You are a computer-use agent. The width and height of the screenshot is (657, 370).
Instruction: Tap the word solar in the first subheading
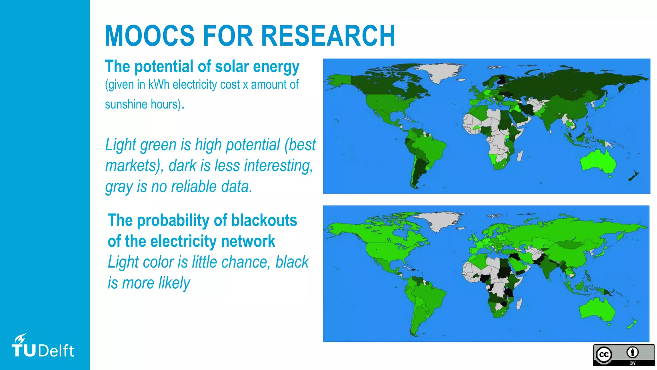pos(232,66)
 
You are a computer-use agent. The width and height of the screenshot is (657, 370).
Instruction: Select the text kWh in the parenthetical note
pos(158,84)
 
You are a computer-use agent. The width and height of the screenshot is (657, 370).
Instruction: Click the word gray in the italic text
pos(119,187)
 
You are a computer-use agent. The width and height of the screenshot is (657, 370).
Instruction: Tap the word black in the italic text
pos(292,262)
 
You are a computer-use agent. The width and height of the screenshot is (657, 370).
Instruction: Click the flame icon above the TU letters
pos(20,339)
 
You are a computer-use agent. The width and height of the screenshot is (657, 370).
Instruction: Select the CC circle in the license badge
pos(604,355)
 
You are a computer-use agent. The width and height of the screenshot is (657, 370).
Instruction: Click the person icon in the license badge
pos(632,352)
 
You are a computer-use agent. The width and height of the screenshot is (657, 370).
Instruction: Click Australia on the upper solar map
pos(599,161)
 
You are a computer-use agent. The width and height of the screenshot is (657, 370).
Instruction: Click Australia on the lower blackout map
pos(597,308)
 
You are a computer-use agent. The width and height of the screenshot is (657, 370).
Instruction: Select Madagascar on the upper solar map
pos(520,156)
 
